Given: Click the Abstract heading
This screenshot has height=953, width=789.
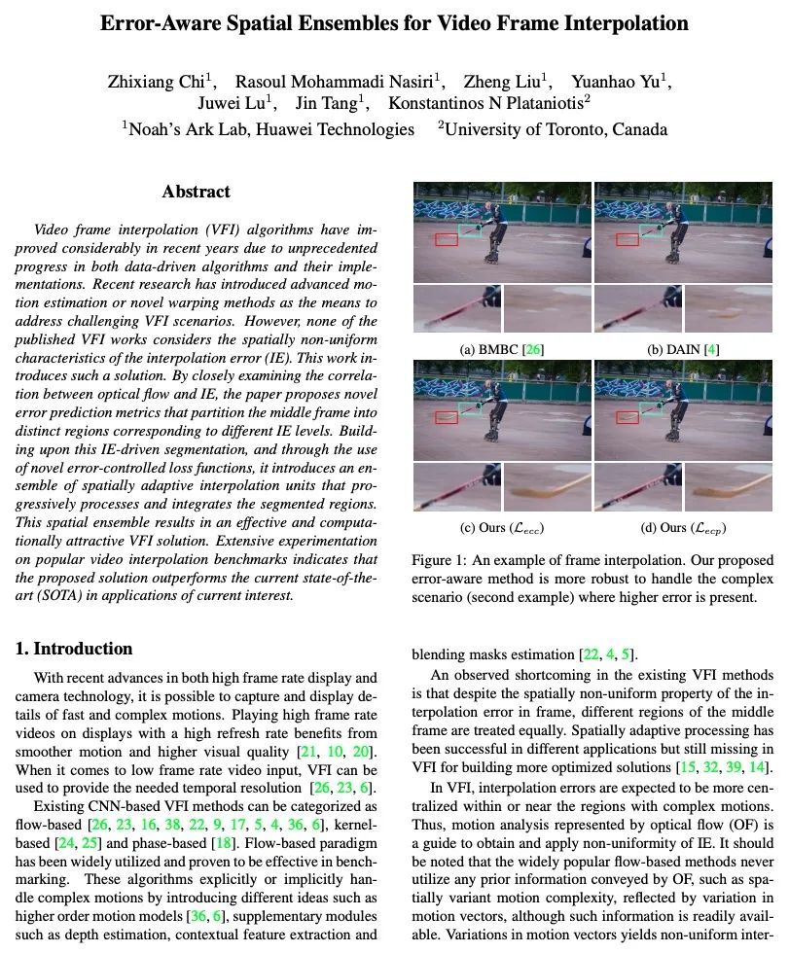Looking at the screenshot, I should pos(196,192).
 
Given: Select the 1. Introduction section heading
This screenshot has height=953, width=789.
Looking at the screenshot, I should pos(74,649).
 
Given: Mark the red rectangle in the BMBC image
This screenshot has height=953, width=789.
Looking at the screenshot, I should pos(447,238).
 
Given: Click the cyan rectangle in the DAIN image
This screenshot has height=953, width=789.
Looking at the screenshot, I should pos(652,230).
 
